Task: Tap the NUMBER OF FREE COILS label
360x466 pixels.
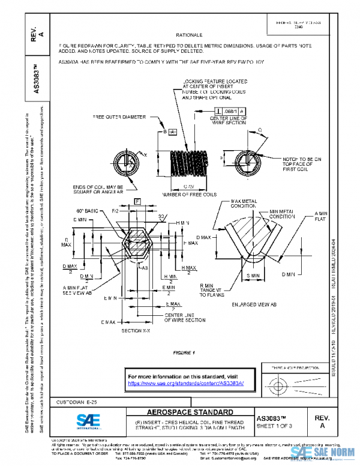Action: (x=188, y=194)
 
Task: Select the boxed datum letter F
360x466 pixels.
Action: (x=137, y=200)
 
